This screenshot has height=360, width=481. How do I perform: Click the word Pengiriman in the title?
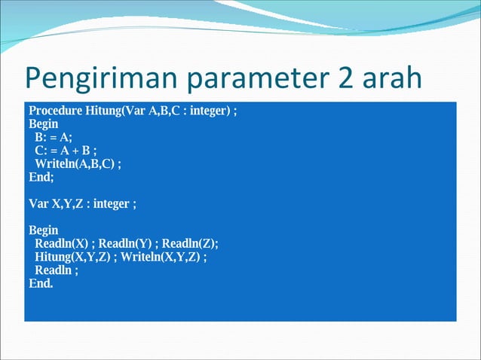pos(98,79)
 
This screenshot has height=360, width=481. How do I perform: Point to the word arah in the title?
pos(390,79)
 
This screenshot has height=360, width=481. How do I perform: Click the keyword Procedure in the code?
pos(56,111)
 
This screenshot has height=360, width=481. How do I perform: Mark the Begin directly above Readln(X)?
pos(43,230)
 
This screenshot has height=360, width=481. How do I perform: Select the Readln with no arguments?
pos(54,270)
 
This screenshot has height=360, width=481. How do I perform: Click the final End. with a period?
pos(41,283)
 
